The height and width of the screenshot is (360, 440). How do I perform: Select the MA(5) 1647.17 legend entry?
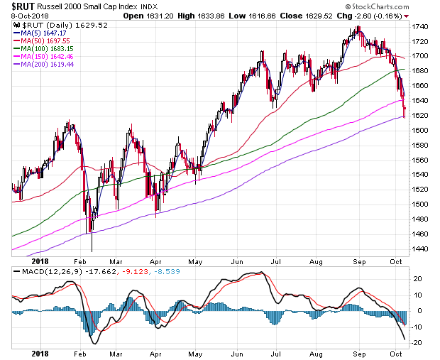click(37, 33)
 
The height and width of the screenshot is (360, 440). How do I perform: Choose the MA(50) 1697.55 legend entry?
click(39, 42)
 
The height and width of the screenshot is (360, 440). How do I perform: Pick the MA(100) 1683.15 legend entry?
click(41, 50)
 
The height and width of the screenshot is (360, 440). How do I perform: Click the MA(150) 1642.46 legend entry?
click(41, 59)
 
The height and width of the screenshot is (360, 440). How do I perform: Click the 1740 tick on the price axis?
click(421, 26)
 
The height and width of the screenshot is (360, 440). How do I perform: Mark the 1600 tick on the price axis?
click(421, 131)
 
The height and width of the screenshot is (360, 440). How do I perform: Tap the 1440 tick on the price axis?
click(421, 249)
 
